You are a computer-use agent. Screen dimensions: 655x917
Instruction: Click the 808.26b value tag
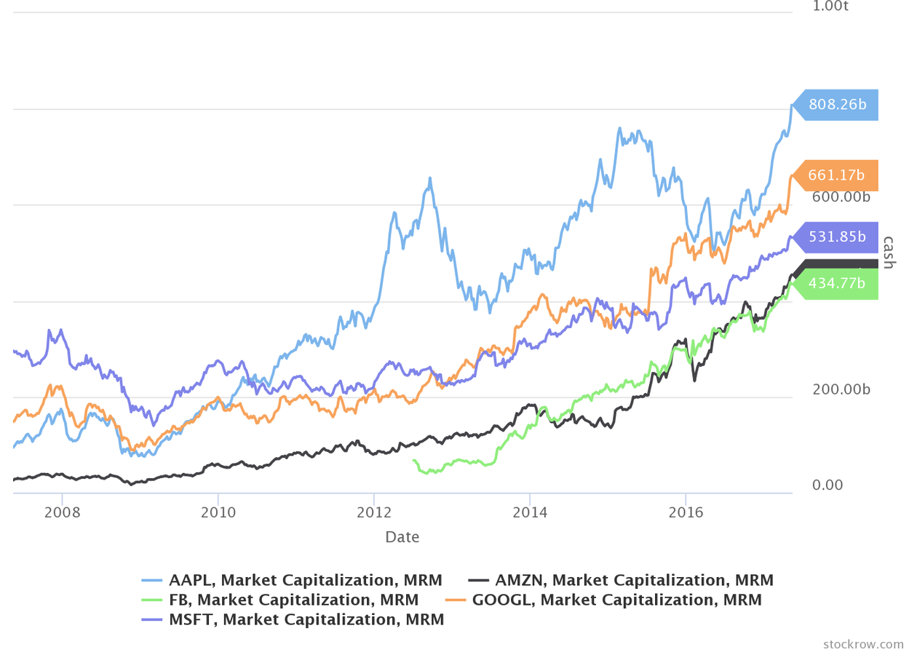pos(837,105)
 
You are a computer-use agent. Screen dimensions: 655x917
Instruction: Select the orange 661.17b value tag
pos(837,175)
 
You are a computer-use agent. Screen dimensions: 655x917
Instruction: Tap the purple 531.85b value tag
pos(837,237)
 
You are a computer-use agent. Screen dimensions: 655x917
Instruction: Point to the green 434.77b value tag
pos(837,284)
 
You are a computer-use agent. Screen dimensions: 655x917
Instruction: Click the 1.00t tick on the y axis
pos(830,7)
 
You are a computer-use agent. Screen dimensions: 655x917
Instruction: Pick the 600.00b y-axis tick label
pos(841,197)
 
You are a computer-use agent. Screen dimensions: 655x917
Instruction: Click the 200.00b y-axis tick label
pos(841,390)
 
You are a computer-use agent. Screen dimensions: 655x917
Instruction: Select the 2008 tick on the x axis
pos(63,512)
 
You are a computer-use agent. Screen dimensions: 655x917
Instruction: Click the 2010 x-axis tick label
pos(218,512)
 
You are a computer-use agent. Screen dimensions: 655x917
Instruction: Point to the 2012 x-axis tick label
pos(373,512)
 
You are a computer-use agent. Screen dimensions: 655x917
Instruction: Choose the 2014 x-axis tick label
pos(530,512)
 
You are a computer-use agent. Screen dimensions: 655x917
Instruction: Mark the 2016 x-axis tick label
pos(686,512)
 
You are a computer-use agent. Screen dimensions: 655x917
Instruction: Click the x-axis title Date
pos(402,537)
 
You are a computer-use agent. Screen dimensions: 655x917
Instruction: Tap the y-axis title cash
pos(887,252)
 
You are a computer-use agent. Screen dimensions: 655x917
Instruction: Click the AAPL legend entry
pos(292,581)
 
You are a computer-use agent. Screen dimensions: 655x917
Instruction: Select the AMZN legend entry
pos(620,581)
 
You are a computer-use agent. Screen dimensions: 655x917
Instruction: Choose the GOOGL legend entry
pos(603,600)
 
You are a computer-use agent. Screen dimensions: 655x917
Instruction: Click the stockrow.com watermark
pos(863,644)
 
